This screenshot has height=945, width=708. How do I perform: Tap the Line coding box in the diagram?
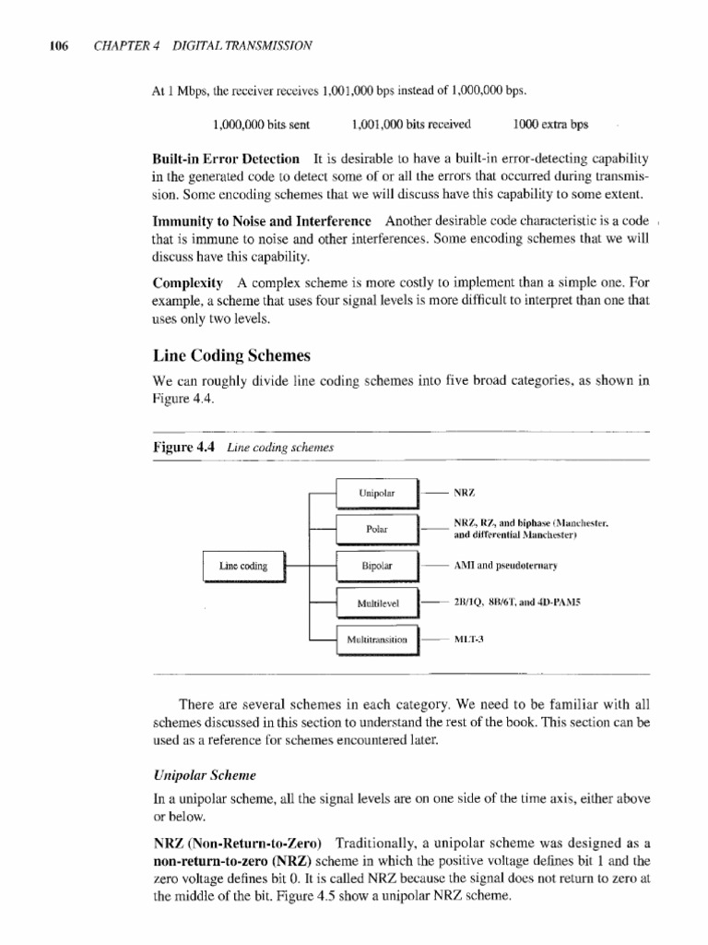[243, 567]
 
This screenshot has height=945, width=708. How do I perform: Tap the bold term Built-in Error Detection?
[226, 159]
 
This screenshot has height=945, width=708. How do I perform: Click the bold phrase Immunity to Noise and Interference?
[262, 221]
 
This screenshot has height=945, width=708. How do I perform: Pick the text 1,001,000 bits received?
[411, 124]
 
